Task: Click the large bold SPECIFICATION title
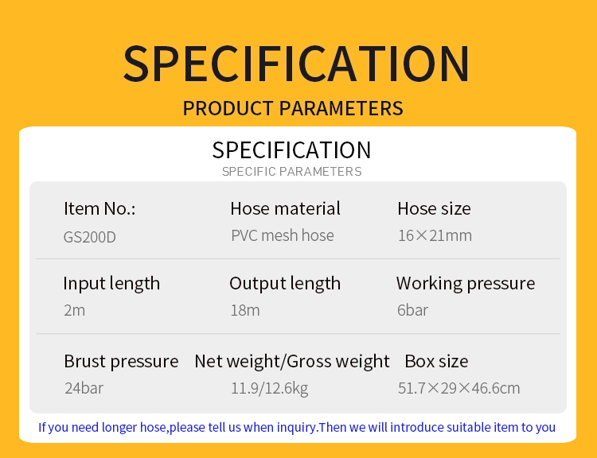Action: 296,63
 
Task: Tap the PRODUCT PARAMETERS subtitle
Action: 293,108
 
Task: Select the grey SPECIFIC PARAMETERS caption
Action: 291,172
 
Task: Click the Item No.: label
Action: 99,208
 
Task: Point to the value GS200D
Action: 89,237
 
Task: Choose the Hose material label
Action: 285,208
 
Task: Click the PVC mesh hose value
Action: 282,235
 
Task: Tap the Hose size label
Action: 434,208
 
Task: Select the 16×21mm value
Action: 435,235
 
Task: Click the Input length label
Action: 111,284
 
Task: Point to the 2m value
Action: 74,310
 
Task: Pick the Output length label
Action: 285,284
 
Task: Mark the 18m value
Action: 245,310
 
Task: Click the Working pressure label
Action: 466,284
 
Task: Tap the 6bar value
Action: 412,310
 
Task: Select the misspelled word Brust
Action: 85,361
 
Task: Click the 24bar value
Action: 84,388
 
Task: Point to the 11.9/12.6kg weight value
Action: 270,388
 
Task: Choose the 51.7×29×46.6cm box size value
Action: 458,388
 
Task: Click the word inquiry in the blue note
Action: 297,428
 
